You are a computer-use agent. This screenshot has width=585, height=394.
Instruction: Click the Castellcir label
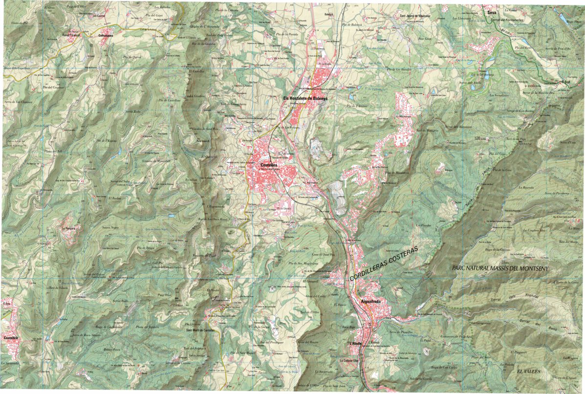point(11,338)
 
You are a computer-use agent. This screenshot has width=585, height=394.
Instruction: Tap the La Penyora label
point(69,228)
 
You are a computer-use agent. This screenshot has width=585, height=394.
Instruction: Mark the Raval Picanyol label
point(71,35)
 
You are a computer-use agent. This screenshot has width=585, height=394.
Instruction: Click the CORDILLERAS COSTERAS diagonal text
point(384,263)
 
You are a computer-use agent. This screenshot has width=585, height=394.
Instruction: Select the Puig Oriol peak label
point(165,295)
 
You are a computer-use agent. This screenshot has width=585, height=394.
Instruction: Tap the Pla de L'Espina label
point(103,141)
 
